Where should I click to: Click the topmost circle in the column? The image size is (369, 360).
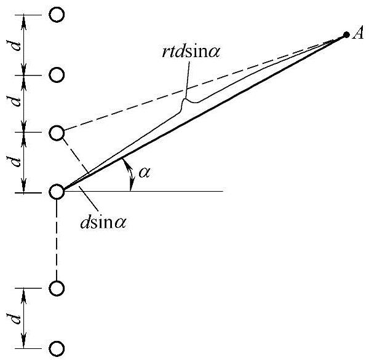57,15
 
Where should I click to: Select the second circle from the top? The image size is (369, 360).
57,75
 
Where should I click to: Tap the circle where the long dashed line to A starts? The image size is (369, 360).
57,133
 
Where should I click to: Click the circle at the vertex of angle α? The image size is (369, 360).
57,192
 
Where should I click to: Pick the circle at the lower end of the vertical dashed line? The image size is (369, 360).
57,288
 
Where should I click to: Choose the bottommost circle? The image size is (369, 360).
57,348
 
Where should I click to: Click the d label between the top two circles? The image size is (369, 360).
18,45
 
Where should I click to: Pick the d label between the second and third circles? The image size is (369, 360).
18,103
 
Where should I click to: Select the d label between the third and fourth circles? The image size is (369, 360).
18,162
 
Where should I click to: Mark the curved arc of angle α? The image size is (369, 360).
130,176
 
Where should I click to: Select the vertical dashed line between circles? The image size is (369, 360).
57,240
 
